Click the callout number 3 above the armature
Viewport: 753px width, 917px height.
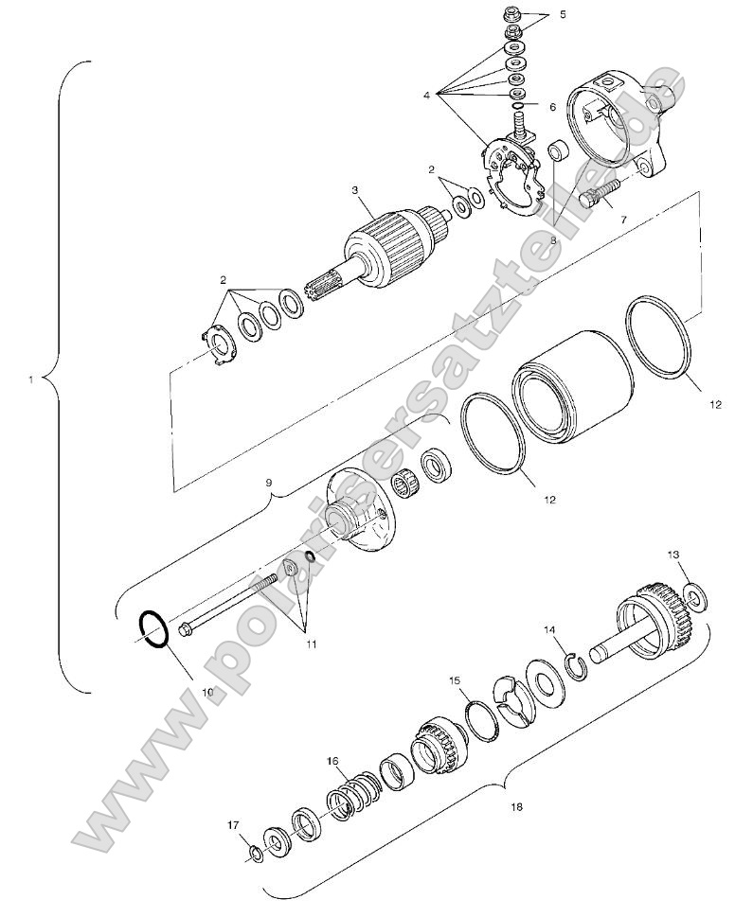(x=355, y=190)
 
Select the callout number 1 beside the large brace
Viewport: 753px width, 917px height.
(x=30, y=380)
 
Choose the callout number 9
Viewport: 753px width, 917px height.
(x=269, y=484)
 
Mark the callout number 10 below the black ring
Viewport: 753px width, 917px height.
(x=207, y=692)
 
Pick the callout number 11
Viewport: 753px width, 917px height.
(x=311, y=644)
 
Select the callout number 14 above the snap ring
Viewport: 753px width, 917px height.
(x=550, y=629)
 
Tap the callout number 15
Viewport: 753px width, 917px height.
(x=455, y=680)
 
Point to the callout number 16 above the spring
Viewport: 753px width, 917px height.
(x=332, y=761)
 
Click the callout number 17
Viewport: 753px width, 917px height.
(x=233, y=825)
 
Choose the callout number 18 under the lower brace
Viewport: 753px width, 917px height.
(x=515, y=807)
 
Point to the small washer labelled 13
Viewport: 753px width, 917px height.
(x=696, y=597)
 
